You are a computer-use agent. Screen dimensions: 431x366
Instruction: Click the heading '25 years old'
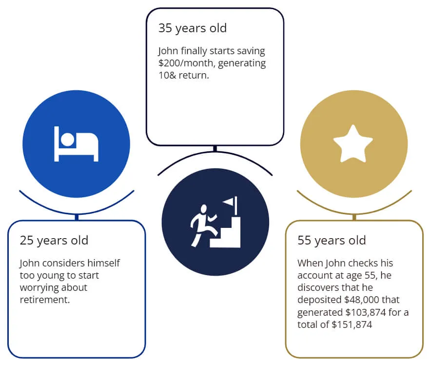54,241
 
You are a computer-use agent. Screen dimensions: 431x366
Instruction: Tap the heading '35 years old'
193,28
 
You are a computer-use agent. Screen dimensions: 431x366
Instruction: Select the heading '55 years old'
332,241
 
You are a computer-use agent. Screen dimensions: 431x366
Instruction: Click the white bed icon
76,144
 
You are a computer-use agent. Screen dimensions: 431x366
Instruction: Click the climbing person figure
203,225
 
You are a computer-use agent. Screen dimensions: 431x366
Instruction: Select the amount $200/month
187,63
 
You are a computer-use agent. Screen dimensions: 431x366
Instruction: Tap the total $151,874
352,325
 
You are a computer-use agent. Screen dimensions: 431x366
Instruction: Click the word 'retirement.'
45,300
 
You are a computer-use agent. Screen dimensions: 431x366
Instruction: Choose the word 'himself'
104,263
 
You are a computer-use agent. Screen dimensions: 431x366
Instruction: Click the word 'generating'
242,63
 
